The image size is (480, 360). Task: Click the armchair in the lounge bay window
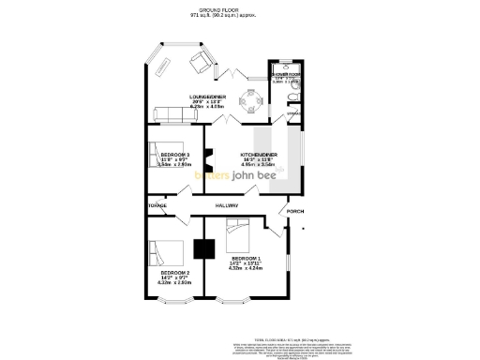(x=201, y=62)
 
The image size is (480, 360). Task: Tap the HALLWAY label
(x=227, y=205)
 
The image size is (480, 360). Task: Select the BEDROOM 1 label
(x=246, y=258)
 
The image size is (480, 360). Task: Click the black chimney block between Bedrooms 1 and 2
(x=202, y=249)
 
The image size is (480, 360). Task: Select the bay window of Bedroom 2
(x=176, y=303)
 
